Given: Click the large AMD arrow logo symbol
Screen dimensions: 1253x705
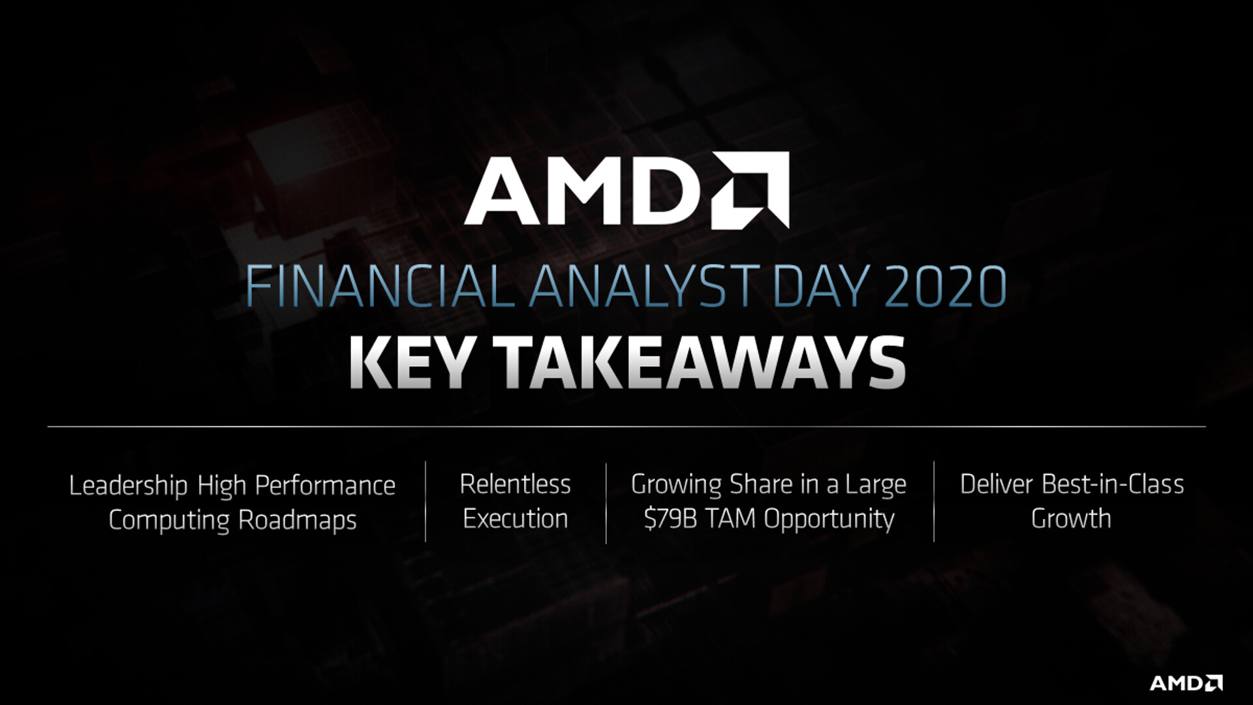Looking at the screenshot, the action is [750, 190].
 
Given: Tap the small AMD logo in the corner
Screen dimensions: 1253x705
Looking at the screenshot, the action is [1186, 683].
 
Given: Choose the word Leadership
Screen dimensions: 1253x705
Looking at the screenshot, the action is [129, 486].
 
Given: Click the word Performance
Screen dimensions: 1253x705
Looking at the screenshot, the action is [325, 485].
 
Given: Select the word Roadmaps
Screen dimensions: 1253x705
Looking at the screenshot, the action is [298, 521].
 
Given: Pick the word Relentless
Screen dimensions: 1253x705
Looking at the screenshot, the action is [515, 484].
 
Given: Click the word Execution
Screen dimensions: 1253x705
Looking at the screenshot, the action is [516, 518].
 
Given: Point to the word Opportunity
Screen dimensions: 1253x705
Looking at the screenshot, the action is [829, 520].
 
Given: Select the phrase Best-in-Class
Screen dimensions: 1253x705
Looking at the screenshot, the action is [1113, 484].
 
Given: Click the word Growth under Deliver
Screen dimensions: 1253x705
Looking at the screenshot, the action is [1071, 518].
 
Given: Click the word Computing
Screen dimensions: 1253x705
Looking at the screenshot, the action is [169, 521].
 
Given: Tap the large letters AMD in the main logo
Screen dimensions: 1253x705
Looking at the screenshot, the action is [583, 190].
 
